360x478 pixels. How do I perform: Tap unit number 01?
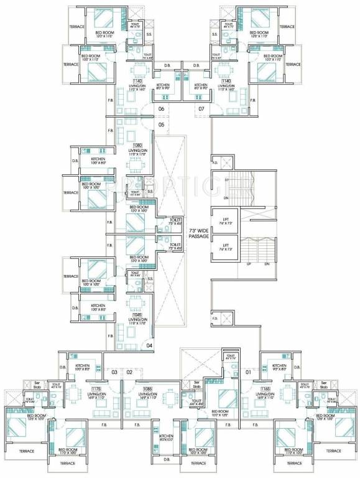[249, 372]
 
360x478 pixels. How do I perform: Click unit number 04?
[149, 344]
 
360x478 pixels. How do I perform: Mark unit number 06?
[160, 109]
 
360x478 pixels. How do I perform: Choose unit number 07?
[201, 109]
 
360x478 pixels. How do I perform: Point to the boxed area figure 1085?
[147, 389]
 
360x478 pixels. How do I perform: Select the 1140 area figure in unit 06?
[137, 81]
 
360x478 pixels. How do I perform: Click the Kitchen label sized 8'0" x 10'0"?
[165, 438]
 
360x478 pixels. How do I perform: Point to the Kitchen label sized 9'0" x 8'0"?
[279, 367]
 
